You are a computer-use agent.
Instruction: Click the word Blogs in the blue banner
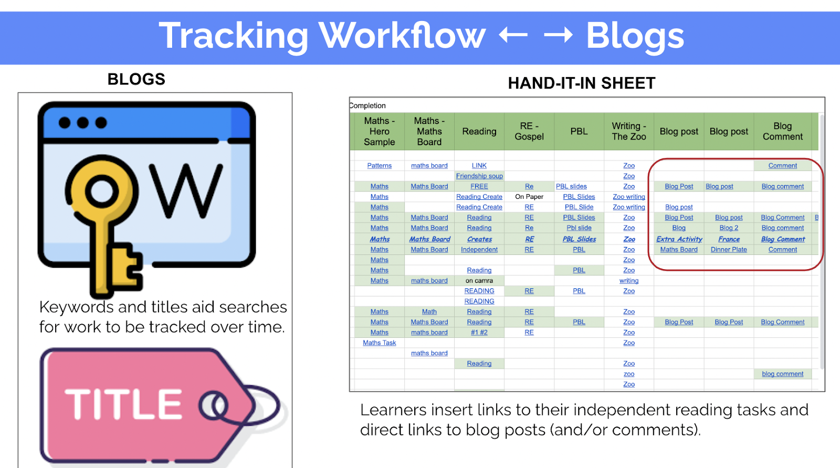pyautogui.click(x=635, y=36)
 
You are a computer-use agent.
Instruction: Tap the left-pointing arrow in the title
pyautogui.click(x=513, y=35)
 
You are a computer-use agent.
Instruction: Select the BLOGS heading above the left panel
pyautogui.click(x=136, y=79)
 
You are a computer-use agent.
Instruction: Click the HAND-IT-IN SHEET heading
pyautogui.click(x=582, y=83)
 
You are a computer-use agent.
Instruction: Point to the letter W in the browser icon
pyautogui.click(x=186, y=190)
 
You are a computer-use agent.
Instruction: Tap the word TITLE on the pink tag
pyautogui.click(x=123, y=403)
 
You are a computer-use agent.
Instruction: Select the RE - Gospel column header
pyautogui.click(x=529, y=131)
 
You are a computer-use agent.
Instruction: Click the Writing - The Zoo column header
pyautogui.click(x=629, y=131)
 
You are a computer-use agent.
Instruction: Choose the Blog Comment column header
pyautogui.click(x=783, y=131)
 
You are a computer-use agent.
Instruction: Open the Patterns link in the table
pyautogui.click(x=379, y=165)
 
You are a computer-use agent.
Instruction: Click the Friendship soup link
pyautogui.click(x=479, y=176)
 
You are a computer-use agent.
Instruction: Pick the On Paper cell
pyautogui.click(x=529, y=196)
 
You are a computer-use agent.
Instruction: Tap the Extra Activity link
pyautogui.click(x=679, y=239)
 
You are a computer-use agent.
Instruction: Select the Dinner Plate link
pyautogui.click(x=729, y=250)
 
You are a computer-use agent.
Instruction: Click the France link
pyautogui.click(x=729, y=239)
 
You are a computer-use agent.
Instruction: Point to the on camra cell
pyautogui.click(x=479, y=280)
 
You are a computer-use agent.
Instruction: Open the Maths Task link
pyautogui.click(x=379, y=343)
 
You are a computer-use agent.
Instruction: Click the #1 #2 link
pyautogui.click(x=479, y=332)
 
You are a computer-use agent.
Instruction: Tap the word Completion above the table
pyautogui.click(x=368, y=105)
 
